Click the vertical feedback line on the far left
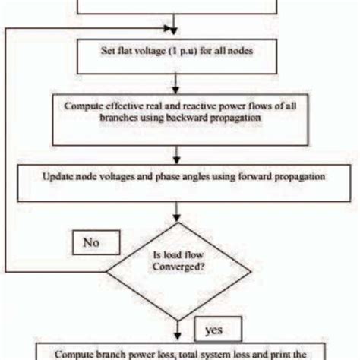(x=6, y=152)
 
